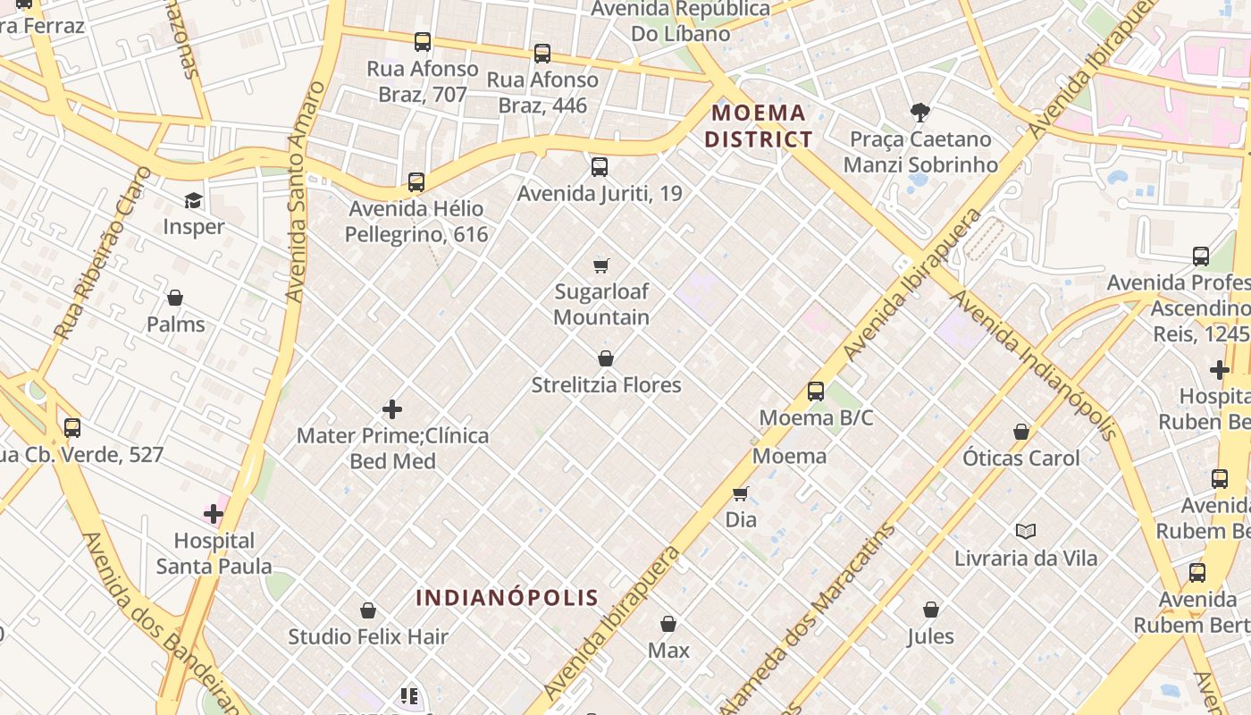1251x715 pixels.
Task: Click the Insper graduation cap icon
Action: coord(193,200)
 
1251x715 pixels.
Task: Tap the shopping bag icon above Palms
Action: coord(175,298)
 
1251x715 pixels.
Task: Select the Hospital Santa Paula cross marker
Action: coord(214,514)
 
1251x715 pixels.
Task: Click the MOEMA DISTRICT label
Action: coord(759,126)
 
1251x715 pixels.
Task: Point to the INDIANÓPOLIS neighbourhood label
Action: coord(507,598)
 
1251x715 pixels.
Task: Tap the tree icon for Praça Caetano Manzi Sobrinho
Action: coord(919,113)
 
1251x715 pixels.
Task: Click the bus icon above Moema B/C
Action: coord(816,391)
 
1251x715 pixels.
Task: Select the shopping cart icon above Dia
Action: coord(741,493)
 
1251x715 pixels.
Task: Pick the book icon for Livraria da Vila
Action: coord(1026,532)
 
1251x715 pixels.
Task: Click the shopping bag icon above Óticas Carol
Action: coord(1021,433)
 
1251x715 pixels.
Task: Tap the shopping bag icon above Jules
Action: coord(931,610)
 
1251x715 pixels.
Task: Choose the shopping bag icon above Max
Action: coord(668,624)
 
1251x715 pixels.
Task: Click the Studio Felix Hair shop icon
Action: coord(368,611)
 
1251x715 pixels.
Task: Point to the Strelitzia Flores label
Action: coord(606,385)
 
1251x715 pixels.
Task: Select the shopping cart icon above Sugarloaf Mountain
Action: coord(601,265)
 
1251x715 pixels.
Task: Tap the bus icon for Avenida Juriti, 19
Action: coord(600,167)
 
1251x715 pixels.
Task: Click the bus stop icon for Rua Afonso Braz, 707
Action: coord(423,42)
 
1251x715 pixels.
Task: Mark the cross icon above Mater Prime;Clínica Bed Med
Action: coord(392,410)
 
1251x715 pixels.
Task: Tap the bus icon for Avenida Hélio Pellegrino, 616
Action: coord(416,182)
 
